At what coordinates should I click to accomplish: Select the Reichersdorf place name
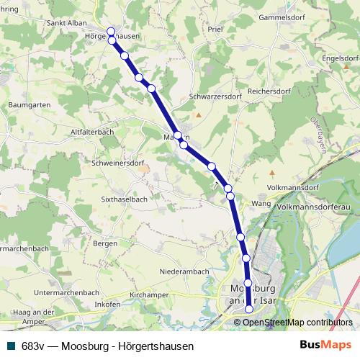pyautogui.click(x=268, y=92)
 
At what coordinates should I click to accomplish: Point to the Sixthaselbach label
pyautogui.click(x=125, y=198)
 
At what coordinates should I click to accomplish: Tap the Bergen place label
pyautogui.click(x=105, y=244)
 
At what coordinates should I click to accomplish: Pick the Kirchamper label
pyautogui.click(x=149, y=295)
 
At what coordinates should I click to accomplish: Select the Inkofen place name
pyautogui.click(x=107, y=305)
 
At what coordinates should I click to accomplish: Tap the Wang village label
pyautogui.click(x=260, y=204)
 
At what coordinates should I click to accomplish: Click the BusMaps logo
pyautogui.click(x=325, y=346)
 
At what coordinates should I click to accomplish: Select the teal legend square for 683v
pyautogui.click(x=12, y=346)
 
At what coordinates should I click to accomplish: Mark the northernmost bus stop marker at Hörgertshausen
pyautogui.click(x=111, y=32)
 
